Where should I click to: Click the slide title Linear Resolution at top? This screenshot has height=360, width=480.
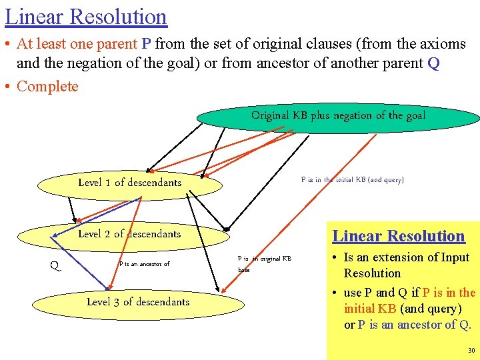(x=86, y=16)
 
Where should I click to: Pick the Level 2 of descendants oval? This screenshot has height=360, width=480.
(x=129, y=234)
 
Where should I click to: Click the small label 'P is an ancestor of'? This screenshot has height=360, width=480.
(x=144, y=264)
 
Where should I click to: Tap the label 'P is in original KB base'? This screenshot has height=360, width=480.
(x=264, y=263)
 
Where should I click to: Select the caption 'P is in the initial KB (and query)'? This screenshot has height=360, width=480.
(x=352, y=180)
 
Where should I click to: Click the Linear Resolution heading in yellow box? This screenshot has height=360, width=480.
(x=398, y=236)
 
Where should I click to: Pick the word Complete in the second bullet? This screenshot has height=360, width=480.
(x=47, y=87)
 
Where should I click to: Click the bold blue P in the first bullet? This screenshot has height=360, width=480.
(x=146, y=45)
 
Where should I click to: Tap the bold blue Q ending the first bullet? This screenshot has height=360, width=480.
(x=433, y=64)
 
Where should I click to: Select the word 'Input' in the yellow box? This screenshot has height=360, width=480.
(x=453, y=257)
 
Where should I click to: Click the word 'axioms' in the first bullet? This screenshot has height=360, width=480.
(x=443, y=45)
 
